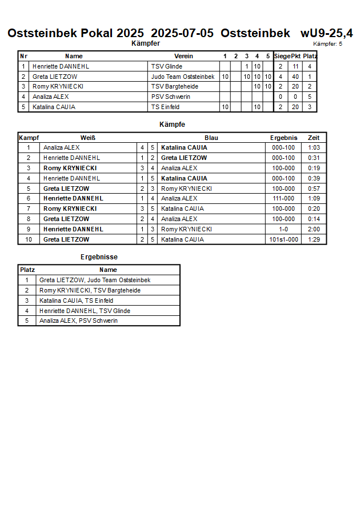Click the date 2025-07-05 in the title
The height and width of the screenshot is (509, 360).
pyautogui.click(x=182, y=33)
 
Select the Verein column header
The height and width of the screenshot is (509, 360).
pyautogui.click(x=183, y=56)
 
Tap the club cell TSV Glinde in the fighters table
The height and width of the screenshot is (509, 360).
pyautogui.click(x=166, y=66)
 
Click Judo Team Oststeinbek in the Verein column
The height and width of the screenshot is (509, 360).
pyautogui.click(x=183, y=77)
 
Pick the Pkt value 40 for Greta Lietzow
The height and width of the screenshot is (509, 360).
pyautogui.click(x=295, y=77)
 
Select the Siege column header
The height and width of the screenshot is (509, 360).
pyautogui.click(x=282, y=56)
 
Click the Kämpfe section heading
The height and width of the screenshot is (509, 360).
pyautogui.click(x=172, y=124)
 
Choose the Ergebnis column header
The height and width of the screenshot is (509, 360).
pyautogui.click(x=283, y=138)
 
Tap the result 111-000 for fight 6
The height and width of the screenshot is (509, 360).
pyautogui.click(x=283, y=198)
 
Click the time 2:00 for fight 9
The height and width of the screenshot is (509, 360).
pyautogui.click(x=314, y=229)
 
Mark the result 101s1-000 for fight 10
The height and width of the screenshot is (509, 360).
pyautogui.click(x=283, y=239)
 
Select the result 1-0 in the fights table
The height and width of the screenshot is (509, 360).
pyautogui.click(x=283, y=229)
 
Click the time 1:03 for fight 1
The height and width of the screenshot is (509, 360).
pyautogui.click(x=314, y=147)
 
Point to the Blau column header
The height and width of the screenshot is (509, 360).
pyautogui.click(x=211, y=138)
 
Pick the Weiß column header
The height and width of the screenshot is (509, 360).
pyautogui.click(x=87, y=138)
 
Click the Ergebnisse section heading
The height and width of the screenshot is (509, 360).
pyautogui.click(x=99, y=257)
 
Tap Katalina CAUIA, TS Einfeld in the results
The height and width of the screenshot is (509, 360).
pyautogui.click(x=76, y=300)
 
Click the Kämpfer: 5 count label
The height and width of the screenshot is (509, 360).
pyautogui.click(x=328, y=44)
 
